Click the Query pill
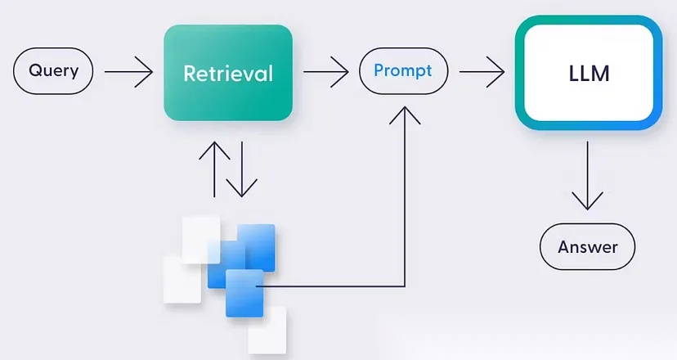(x=53, y=70)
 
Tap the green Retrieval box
(x=227, y=73)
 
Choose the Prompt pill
(x=404, y=70)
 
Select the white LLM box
(x=589, y=74)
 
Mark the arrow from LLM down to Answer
(x=588, y=175)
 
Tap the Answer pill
(x=587, y=246)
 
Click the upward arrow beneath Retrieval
(x=215, y=169)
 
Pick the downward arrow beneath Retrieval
(x=241, y=169)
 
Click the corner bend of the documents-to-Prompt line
(x=405, y=286)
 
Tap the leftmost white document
(x=182, y=278)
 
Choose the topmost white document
(x=201, y=238)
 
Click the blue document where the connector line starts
(x=244, y=293)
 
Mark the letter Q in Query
(x=35, y=70)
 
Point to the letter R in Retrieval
(x=190, y=74)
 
